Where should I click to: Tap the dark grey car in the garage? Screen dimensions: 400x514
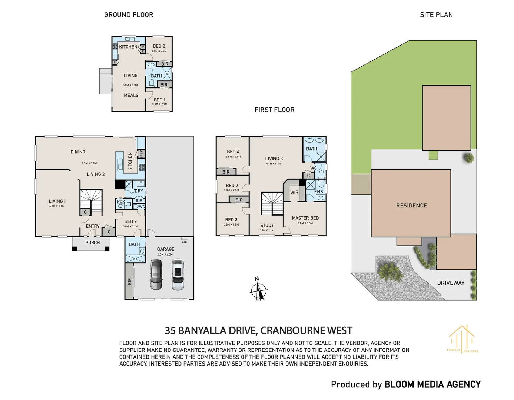(x=156, y=274)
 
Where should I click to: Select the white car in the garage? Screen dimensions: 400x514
(x=178, y=274)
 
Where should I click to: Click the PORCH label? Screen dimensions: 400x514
(x=93, y=243)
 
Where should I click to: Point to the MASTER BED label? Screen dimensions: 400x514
(x=305, y=218)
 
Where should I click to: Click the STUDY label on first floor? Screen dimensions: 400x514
(x=267, y=225)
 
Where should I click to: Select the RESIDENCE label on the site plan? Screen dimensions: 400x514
(x=411, y=206)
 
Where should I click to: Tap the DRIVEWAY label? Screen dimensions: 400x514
(x=451, y=283)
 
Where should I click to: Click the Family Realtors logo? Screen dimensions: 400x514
(x=462, y=339)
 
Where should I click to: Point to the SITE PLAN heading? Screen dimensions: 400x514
(x=436, y=15)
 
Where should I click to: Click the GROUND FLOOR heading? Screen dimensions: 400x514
(x=129, y=15)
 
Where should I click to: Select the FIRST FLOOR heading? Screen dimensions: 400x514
(x=274, y=110)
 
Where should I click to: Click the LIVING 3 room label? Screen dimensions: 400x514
(x=274, y=159)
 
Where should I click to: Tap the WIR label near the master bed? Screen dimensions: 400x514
(x=294, y=192)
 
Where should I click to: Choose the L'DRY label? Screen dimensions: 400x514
(x=137, y=191)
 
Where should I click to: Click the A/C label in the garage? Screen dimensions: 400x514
(x=184, y=242)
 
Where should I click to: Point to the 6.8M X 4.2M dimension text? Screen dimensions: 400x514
(x=57, y=206)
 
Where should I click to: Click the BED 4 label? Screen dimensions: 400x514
(x=233, y=151)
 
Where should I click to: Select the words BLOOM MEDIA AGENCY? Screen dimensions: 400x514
(x=432, y=384)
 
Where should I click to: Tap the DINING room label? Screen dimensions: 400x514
(x=78, y=152)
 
